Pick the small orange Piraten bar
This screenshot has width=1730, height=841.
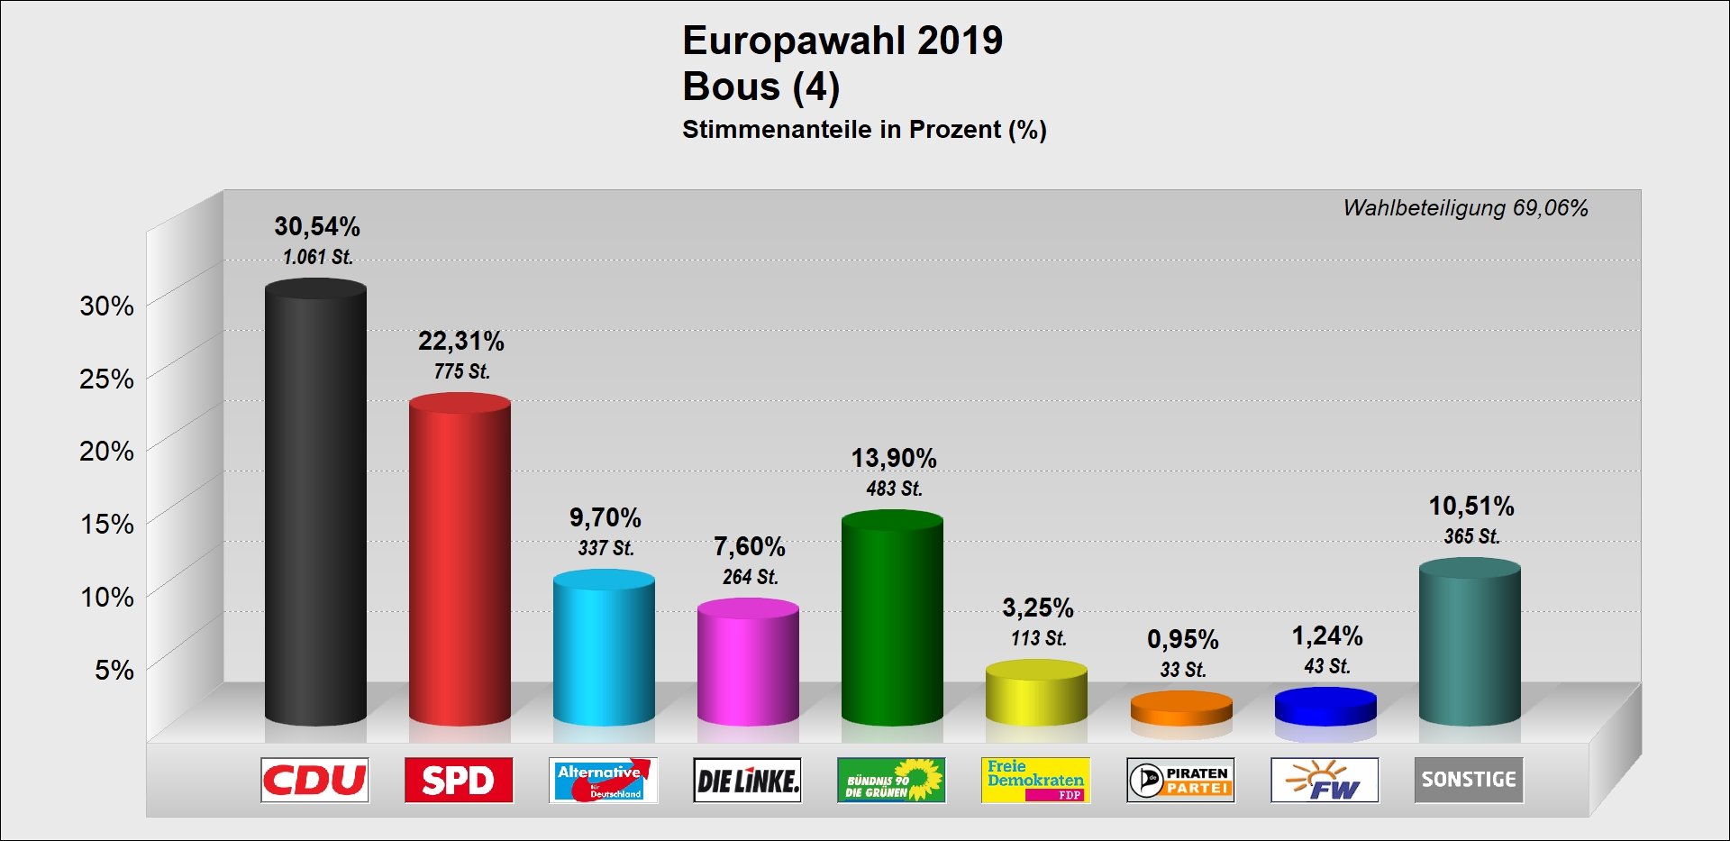click(1181, 708)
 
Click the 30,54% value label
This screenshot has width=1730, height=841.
click(317, 226)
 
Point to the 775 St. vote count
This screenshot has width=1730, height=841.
click(461, 371)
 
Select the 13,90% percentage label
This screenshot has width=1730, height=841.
click(894, 459)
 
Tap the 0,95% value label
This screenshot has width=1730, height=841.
click(1182, 640)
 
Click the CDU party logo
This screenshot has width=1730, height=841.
click(314, 780)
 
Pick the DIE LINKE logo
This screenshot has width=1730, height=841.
click(748, 780)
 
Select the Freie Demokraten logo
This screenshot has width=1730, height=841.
click(1035, 780)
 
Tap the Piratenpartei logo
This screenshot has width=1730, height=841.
click(1180, 780)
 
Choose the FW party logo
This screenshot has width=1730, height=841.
click(1325, 780)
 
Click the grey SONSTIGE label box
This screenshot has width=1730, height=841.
click(1469, 780)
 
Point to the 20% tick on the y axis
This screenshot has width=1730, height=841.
click(106, 451)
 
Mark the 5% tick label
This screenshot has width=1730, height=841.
click(114, 670)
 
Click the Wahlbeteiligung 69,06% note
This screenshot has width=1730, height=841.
click(1465, 208)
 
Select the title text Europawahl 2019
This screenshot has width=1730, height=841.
click(842, 41)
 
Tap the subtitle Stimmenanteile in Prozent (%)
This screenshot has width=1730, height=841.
click(864, 130)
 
